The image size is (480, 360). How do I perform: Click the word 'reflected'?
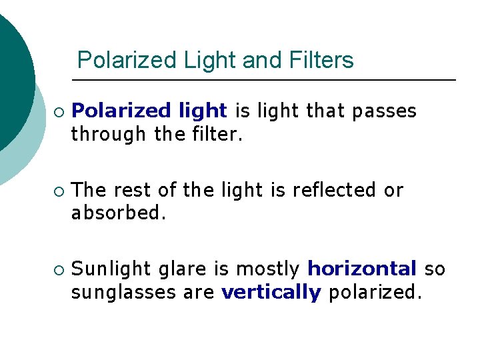coord(334,190)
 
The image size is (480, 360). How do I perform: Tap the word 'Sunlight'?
coord(111,269)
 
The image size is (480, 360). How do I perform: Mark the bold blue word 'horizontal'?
coord(361,269)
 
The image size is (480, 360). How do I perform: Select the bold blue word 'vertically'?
coord(271,292)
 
